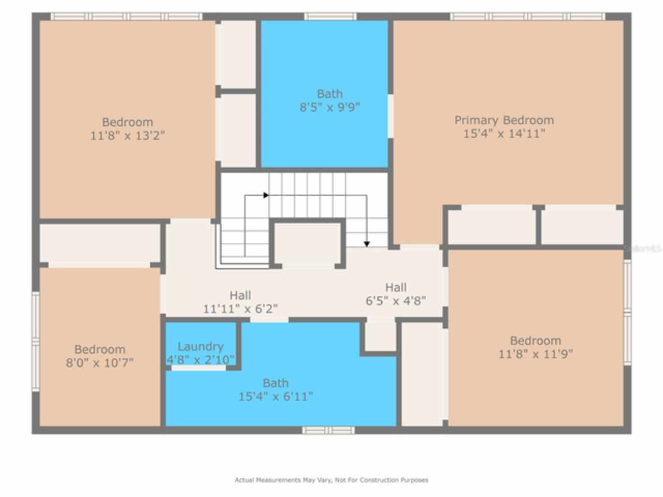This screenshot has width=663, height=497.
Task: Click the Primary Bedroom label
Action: tap(504, 120)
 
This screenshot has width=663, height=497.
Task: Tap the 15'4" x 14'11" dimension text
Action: tap(504, 134)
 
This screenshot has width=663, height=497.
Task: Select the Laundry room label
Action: tap(200, 346)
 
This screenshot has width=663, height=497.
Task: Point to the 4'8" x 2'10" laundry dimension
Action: tap(200, 359)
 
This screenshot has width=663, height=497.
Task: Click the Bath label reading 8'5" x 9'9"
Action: tap(329, 94)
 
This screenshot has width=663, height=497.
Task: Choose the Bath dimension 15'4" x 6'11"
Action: tap(276, 397)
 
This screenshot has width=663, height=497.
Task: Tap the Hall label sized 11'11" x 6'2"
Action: tap(240, 296)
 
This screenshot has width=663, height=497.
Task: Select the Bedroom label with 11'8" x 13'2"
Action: tap(127, 122)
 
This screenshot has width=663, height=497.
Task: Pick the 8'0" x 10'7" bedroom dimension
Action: tap(99, 362)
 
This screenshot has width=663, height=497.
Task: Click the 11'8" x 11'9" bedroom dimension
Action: tap(536, 354)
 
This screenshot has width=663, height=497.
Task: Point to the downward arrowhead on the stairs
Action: tap(367, 243)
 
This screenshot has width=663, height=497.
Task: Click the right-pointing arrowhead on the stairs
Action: tap(266, 195)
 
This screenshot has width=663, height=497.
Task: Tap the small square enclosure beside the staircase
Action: tap(308, 243)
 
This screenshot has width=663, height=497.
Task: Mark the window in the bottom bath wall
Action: tap(328, 430)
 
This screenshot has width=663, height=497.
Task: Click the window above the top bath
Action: tap(330, 17)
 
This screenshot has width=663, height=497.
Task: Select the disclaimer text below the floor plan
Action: tap(331, 480)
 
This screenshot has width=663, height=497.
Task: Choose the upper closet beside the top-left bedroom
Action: tap(236, 54)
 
